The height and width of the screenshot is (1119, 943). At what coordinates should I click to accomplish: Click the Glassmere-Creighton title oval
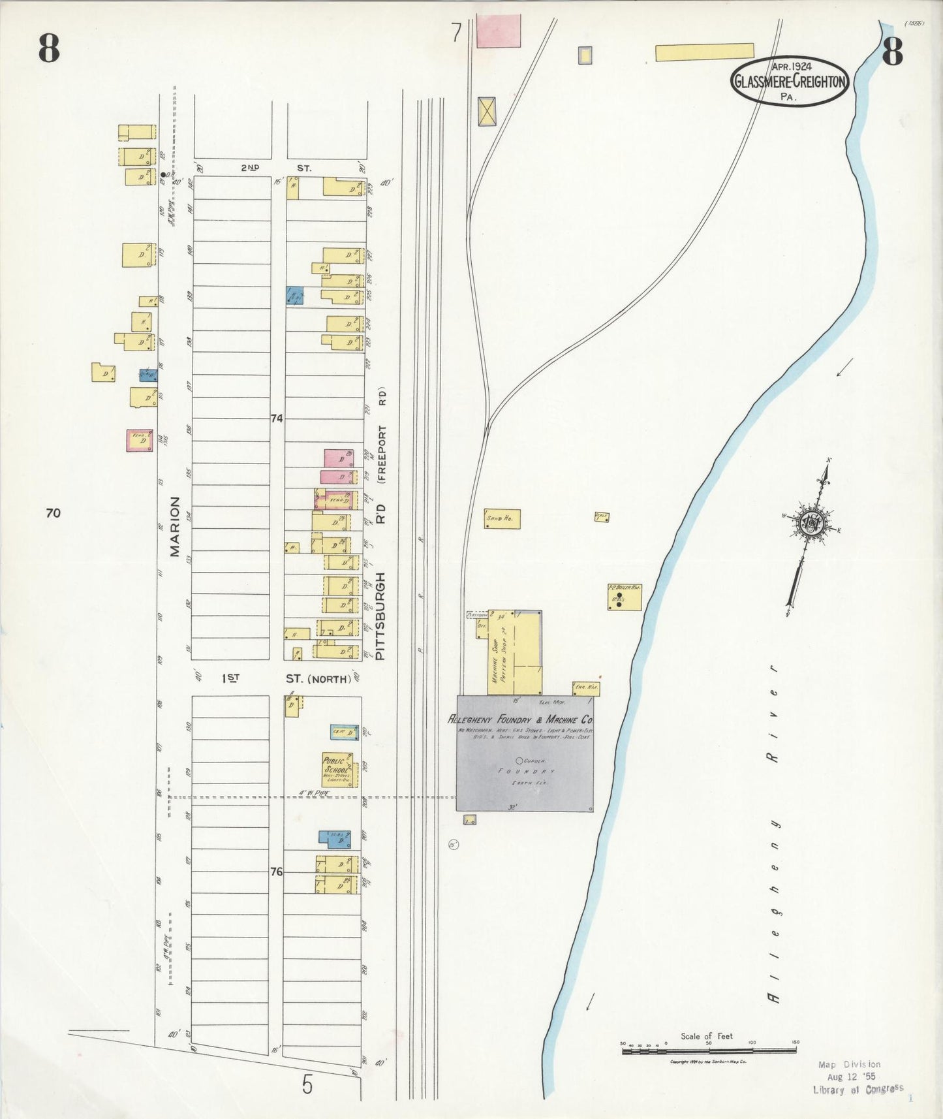[x=790, y=82]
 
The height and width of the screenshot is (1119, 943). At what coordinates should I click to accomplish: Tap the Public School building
[x=340, y=770]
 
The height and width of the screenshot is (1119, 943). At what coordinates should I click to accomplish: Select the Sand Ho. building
[x=502, y=519]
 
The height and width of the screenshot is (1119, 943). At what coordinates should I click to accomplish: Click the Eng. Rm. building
[x=585, y=687]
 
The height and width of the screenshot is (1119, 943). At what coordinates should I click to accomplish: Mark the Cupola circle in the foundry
[x=519, y=760]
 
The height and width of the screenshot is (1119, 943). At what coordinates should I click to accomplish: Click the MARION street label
[x=175, y=526]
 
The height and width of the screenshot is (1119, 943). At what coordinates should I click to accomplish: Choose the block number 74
[x=277, y=418]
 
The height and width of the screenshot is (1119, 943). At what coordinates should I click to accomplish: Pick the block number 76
[x=277, y=871]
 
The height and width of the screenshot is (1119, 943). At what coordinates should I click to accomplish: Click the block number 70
[x=53, y=513]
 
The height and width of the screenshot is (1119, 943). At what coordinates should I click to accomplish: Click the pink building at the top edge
[x=499, y=31]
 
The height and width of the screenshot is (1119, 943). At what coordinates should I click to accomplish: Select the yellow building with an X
[x=487, y=111]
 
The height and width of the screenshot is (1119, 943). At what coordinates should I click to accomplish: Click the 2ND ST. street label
[x=276, y=168]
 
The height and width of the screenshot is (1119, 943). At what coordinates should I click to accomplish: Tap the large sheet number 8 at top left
[x=49, y=48]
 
